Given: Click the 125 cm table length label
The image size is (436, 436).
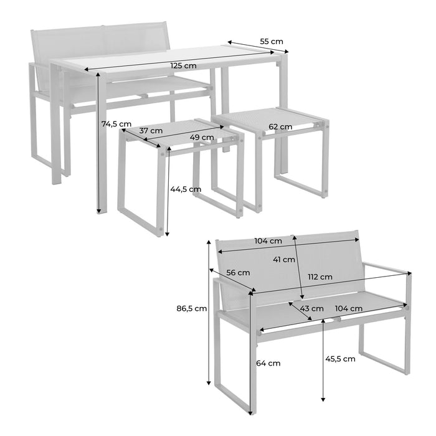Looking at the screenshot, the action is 183,65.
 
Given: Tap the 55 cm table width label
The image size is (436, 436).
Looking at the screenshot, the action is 272,42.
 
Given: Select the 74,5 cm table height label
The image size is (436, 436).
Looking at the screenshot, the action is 116,124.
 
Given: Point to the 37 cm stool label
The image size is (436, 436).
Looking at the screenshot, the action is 151,130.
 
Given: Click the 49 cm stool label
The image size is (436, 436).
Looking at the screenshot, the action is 202,138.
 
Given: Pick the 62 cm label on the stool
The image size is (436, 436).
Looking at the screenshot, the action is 280,127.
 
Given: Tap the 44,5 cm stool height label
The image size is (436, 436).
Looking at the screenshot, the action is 186,189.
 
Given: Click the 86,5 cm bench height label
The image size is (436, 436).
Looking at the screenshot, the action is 192,308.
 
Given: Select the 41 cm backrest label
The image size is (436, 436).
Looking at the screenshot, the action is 284,260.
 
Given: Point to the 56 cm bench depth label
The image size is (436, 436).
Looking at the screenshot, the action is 238,273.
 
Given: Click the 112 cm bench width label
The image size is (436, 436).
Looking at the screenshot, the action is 320,277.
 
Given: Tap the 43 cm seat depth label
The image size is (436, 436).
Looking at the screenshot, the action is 311,309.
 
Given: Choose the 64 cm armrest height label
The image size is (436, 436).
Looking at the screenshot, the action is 268,363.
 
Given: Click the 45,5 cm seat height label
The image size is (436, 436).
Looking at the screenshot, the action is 340,359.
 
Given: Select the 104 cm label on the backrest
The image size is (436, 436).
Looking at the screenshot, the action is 268,241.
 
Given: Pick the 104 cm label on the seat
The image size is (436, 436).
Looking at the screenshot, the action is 349,308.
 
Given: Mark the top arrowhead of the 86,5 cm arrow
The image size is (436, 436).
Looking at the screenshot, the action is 209,242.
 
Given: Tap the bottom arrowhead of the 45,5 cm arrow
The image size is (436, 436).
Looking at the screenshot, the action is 323,399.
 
